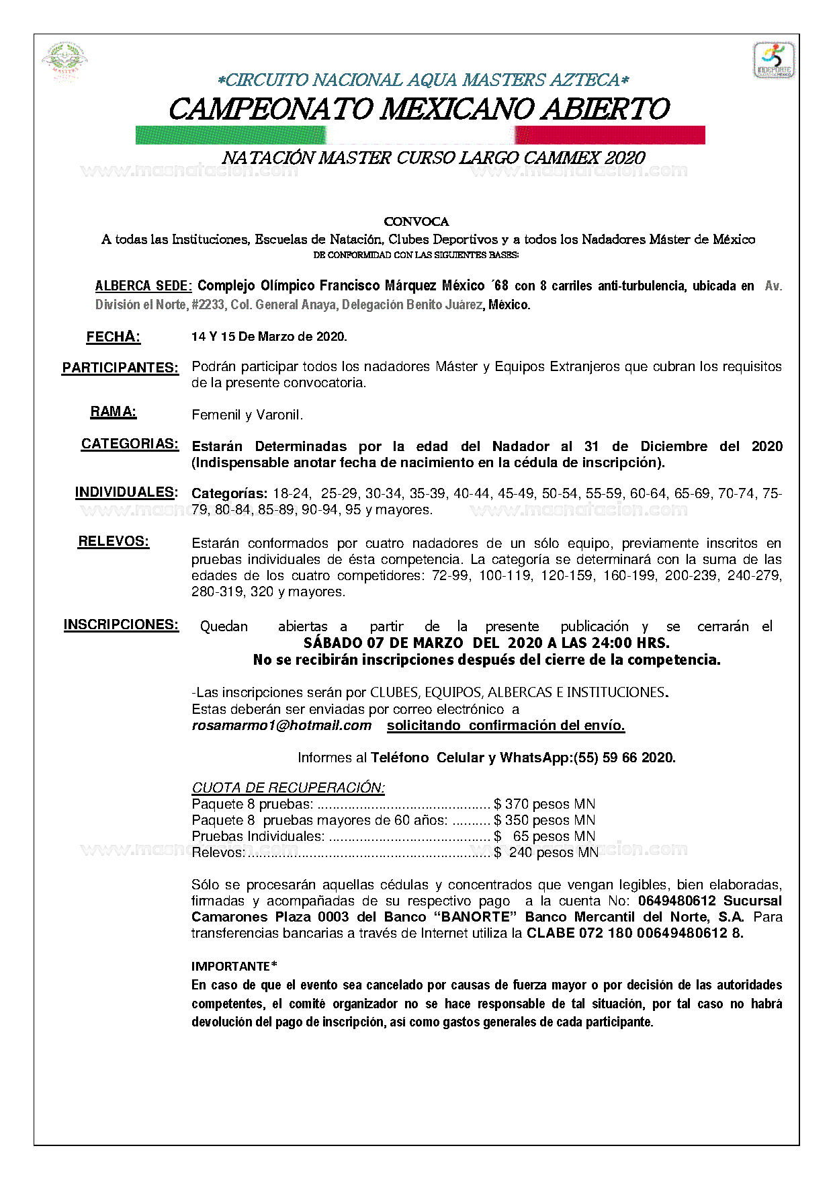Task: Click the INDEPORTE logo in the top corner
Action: click(x=774, y=60)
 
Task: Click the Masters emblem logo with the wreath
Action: click(x=65, y=62)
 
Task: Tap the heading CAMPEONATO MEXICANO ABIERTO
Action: click(x=419, y=109)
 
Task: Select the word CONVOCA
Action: click(x=416, y=222)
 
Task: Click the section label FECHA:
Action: click(x=113, y=337)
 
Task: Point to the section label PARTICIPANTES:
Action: click(x=120, y=368)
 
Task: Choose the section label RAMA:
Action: click(x=114, y=412)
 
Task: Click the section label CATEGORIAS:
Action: click(x=130, y=444)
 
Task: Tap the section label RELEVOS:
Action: click(x=114, y=542)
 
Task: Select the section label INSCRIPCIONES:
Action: click(x=121, y=625)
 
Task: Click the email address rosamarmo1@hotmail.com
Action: click(x=281, y=725)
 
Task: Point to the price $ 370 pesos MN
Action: click(x=544, y=804)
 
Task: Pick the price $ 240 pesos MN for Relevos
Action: click(x=545, y=852)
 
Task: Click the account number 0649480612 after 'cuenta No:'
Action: click(x=677, y=901)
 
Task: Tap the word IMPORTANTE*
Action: click(x=234, y=967)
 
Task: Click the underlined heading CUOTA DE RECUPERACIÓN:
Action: click(x=288, y=788)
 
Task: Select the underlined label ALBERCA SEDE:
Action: click(x=144, y=286)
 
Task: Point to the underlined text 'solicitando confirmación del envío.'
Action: click(x=506, y=725)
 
